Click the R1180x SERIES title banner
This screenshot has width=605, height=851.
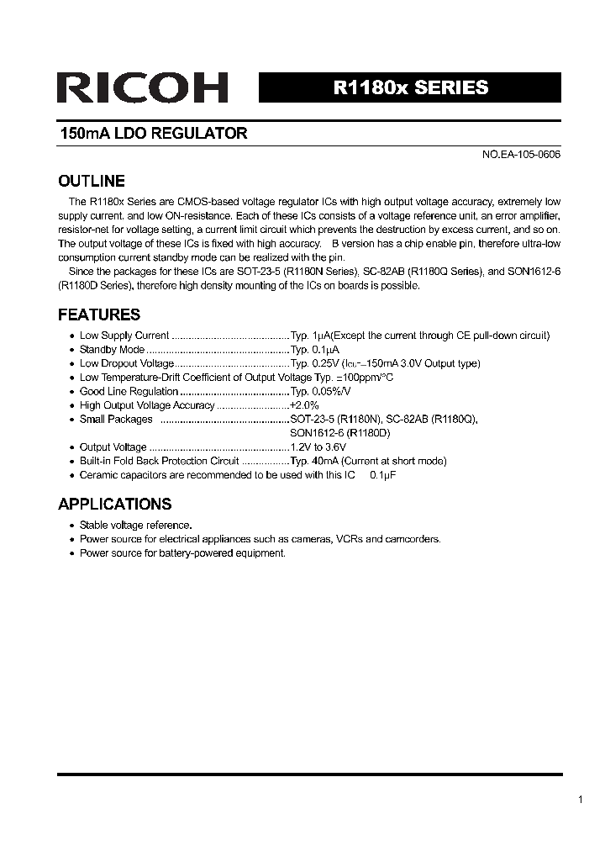tap(410, 87)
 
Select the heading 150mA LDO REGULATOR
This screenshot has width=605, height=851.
tap(153, 134)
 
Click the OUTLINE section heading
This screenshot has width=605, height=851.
tap(91, 181)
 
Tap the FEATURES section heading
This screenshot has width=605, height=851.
tap(98, 314)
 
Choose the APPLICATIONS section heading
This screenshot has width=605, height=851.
tap(114, 504)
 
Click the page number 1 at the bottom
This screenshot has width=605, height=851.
tap(581, 800)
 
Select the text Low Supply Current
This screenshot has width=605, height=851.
tap(124, 336)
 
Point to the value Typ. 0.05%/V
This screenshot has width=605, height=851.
tap(320, 391)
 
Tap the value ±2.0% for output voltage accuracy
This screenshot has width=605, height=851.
tap(304, 405)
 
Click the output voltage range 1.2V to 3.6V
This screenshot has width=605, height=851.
tap(318, 447)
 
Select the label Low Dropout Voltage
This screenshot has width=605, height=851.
tap(127, 363)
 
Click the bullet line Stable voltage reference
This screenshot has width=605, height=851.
tap(135, 525)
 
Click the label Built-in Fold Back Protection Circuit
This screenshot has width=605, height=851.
tap(160, 461)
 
